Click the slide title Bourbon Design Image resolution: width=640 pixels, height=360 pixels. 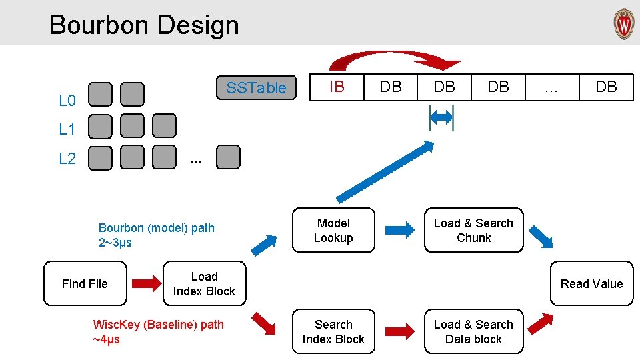(144, 25)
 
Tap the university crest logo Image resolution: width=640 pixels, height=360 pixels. (623, 24)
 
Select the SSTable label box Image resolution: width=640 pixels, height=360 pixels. (256, 88)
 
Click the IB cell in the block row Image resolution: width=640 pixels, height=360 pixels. (337, 87)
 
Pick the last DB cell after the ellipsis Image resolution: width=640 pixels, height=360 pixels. (606, 87)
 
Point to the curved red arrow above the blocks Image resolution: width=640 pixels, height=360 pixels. (393, 59)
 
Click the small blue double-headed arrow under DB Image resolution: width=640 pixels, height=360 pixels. (441, 118)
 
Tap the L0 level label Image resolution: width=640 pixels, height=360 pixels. (67, 101)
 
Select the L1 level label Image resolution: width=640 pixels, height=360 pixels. (67, 129)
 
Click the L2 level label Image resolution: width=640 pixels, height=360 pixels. (67, 159)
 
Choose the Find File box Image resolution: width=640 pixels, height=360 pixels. (85, 284)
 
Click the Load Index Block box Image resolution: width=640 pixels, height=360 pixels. (204, 284)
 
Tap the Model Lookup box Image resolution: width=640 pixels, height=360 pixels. (333, 231)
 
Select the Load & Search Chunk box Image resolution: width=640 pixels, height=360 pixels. (473, 231)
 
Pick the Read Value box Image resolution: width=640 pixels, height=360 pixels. (591, 284)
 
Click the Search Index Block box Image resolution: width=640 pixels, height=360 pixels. (333, 332)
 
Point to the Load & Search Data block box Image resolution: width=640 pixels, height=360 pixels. (473, 332)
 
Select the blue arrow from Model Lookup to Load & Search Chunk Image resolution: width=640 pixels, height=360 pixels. (399, 231)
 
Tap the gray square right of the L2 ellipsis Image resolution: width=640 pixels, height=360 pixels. (229, 158)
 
